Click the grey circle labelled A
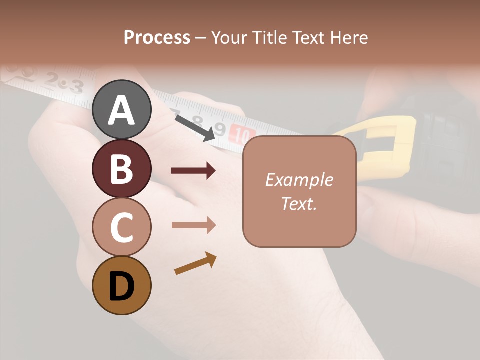pos(122,109)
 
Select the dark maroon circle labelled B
pos(122,168)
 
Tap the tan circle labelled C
pos(122,227)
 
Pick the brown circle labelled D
pos(122,285)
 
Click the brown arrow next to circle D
pos(195,264)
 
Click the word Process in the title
pos(157,37)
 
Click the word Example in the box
pos(299,180)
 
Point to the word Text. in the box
pos(299,203)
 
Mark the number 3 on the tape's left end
pos(75,87)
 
